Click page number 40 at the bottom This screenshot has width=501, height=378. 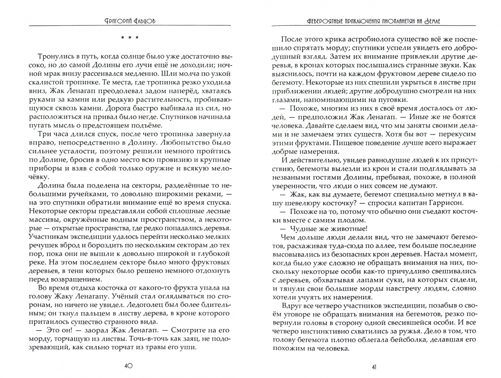coord(128,366)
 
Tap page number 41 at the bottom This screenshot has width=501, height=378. coord(374,367)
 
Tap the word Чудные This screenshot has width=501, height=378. coord(302,229)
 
